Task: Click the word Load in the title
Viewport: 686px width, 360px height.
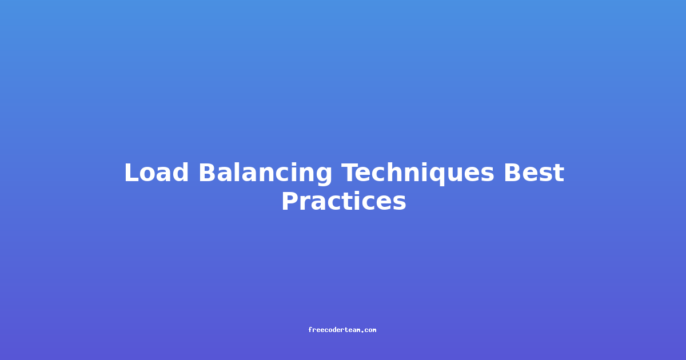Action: (x=156, y=173)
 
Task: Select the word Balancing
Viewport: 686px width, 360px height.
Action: (x=265, y=174)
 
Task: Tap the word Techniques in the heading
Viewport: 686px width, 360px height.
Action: (x=418, y=174)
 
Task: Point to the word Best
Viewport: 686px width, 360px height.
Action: (x=534, y=173)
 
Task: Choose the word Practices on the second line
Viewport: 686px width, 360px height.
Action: (x=344, y=201)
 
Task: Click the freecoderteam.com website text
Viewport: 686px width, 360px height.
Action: (x=342, y=330)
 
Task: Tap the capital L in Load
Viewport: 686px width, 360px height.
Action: (x=131, y=173)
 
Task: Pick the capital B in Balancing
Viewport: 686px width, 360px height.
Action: (x=208, y=173)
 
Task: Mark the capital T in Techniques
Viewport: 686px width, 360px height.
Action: (x=350, y=173)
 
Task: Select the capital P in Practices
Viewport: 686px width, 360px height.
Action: (x=290, y=201)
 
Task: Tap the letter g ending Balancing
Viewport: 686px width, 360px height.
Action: (x=324, y=177)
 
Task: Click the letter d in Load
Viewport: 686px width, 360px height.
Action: (x=180, y=173)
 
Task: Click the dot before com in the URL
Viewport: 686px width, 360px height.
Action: (x=362, y=331)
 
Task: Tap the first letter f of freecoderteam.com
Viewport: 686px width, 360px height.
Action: (x=310, y=330)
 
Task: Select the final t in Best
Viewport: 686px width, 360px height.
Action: (x=559, y=173)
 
